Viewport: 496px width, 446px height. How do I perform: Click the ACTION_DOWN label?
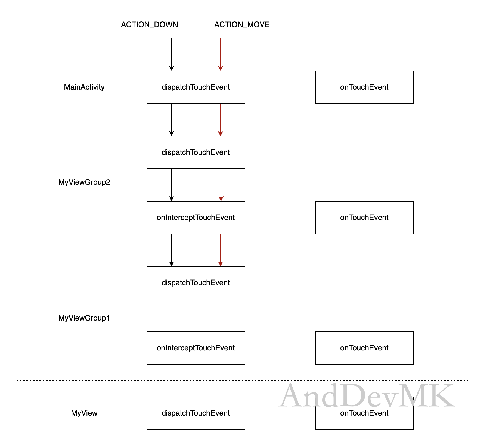tap(149, 25)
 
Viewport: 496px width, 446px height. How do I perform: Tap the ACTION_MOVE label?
tap(242, 25)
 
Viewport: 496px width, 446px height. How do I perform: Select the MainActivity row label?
tap(84, 87)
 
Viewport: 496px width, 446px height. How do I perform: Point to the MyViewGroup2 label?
tap(84, 182)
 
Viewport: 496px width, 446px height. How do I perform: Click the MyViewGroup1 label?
tap(84, 318)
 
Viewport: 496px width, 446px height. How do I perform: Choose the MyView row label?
tap(84, 413)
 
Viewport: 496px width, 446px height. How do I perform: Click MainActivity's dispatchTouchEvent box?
tap(196, 87)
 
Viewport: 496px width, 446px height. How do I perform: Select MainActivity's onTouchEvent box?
tap(365, 87)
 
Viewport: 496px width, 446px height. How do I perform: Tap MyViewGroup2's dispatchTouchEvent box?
tap(196, 152)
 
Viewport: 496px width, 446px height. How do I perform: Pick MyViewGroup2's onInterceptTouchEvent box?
tap(196, 218)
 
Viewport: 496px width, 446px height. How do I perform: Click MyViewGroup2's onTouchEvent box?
tap(365, 218)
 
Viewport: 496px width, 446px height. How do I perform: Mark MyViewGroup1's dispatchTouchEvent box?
tap(196, 283)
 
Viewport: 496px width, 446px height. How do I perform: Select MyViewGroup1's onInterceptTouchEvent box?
tap(196, 348)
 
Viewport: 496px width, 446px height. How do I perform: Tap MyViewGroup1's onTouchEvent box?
tap(365, 348)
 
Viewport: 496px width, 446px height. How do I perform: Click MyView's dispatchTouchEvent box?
tap(196, 413)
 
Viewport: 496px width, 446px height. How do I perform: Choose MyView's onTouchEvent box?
tap(365, 413)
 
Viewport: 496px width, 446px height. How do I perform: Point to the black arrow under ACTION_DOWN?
tap(172, 55)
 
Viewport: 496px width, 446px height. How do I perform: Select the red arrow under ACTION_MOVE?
tap(221, 55)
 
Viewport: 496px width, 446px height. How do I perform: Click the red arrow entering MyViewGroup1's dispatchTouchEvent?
tap(221, 250)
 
